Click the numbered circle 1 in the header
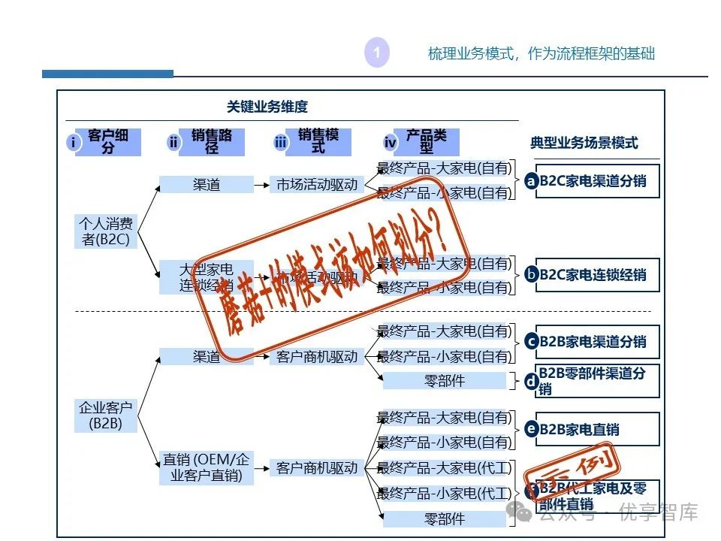point(376,53)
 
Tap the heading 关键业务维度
point(267,107)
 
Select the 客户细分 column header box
point(108,142)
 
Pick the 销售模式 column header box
point(318,142)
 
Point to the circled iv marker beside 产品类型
point(390,143)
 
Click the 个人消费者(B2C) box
point(106,231)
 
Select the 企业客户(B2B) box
point(106,416)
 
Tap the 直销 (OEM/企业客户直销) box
point(206,467)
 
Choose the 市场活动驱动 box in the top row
point(317,184)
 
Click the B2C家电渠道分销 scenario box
point(597,181)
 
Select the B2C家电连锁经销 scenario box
point(597,275)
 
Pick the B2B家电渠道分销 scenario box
point(597,342)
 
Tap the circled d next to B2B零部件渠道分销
point(532,381)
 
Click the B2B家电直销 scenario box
point(597,430)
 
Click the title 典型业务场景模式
point(584,143)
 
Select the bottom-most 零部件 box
point(445,519)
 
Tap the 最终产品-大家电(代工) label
point(444,468)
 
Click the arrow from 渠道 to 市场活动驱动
point(261,184)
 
